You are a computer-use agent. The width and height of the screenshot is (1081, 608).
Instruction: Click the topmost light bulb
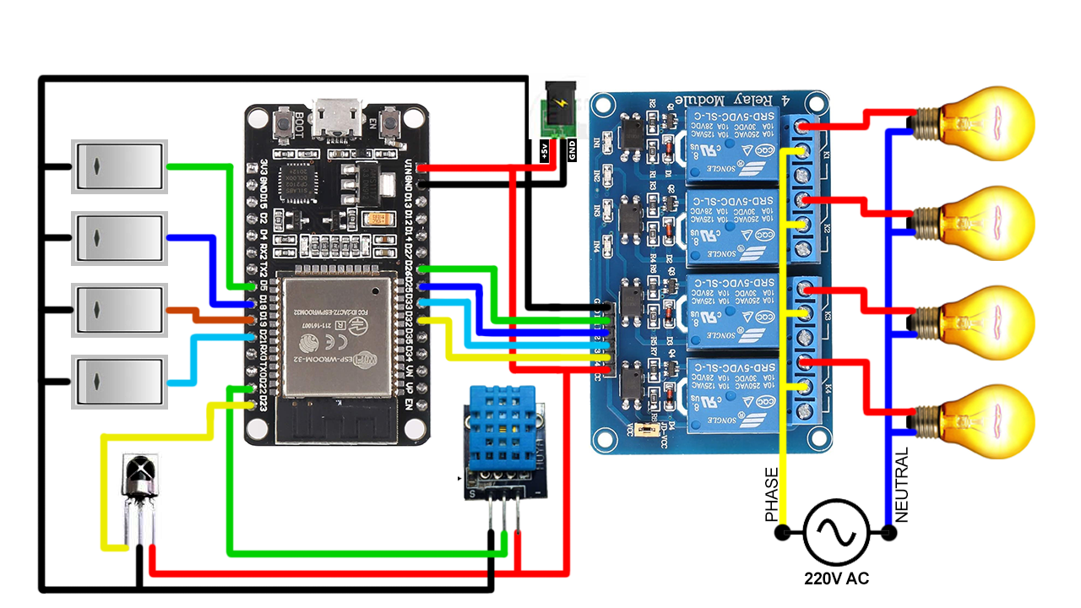pos(984,122)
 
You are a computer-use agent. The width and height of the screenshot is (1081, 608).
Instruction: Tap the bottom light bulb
pos(984,421)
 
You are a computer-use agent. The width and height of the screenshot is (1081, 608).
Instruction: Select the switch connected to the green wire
pos(118,166)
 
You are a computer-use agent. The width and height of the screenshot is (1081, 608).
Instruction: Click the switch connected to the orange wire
pos(118,311)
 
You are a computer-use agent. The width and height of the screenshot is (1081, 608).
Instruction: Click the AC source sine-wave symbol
pos(836,532)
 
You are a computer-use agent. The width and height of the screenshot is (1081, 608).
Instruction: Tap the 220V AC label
pos(836,579)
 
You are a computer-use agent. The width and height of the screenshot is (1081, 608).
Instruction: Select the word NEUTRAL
pos(901,486)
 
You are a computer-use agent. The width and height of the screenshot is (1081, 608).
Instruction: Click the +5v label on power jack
pos(545,151)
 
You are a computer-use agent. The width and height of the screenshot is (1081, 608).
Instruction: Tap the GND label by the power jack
pos(571,151)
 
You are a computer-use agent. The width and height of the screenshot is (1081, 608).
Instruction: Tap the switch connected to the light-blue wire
pos(118,383)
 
